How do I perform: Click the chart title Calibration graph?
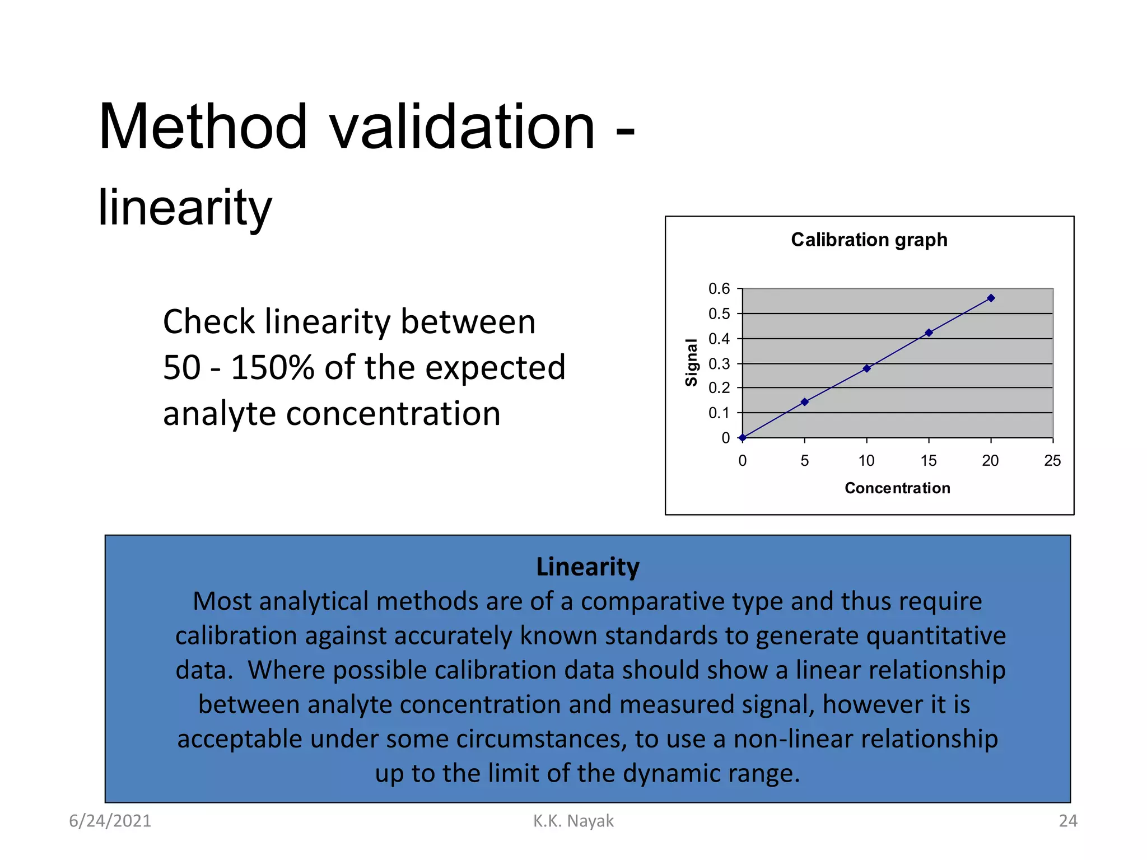click(x=869, y=240)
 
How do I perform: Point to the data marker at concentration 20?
click(x=991, y=298)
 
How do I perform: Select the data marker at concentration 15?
click(x=929, y=333)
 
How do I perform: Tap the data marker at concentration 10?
click(x=866, y=368)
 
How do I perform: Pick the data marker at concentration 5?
click(x=804, y=402)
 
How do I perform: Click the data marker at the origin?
click(x=742, y=438)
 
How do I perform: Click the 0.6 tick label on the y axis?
click(x=719, y=289)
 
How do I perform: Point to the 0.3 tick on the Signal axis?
click(x=719, y=364)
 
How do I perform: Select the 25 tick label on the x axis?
click(x=1052, y=461)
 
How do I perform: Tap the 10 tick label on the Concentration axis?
click(x=866, y=461)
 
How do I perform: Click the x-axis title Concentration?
click(x=897, y=488)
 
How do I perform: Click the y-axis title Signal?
click(x=692, y=362)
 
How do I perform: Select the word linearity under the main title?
click(x=185, y=208)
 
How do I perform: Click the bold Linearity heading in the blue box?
click(x=588, y=567)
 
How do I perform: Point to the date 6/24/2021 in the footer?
click(x=110, y=821)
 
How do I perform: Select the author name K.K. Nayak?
click(x=573, y=821)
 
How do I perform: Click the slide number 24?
click(x=1067, y=821)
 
